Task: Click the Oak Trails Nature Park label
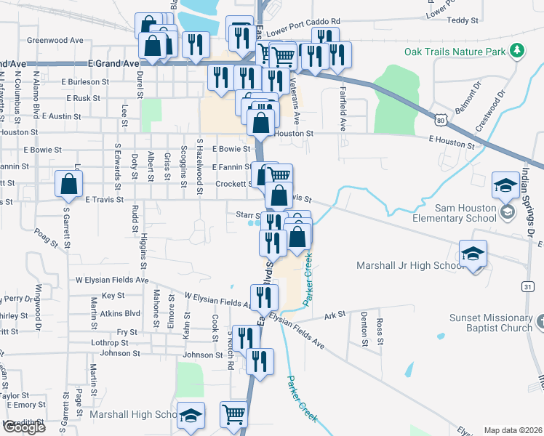coord(455,52)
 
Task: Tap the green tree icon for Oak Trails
coord(517,50)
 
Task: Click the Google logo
coord(24,427)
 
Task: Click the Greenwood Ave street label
coord(55,41)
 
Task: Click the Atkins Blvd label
coord(121,313)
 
